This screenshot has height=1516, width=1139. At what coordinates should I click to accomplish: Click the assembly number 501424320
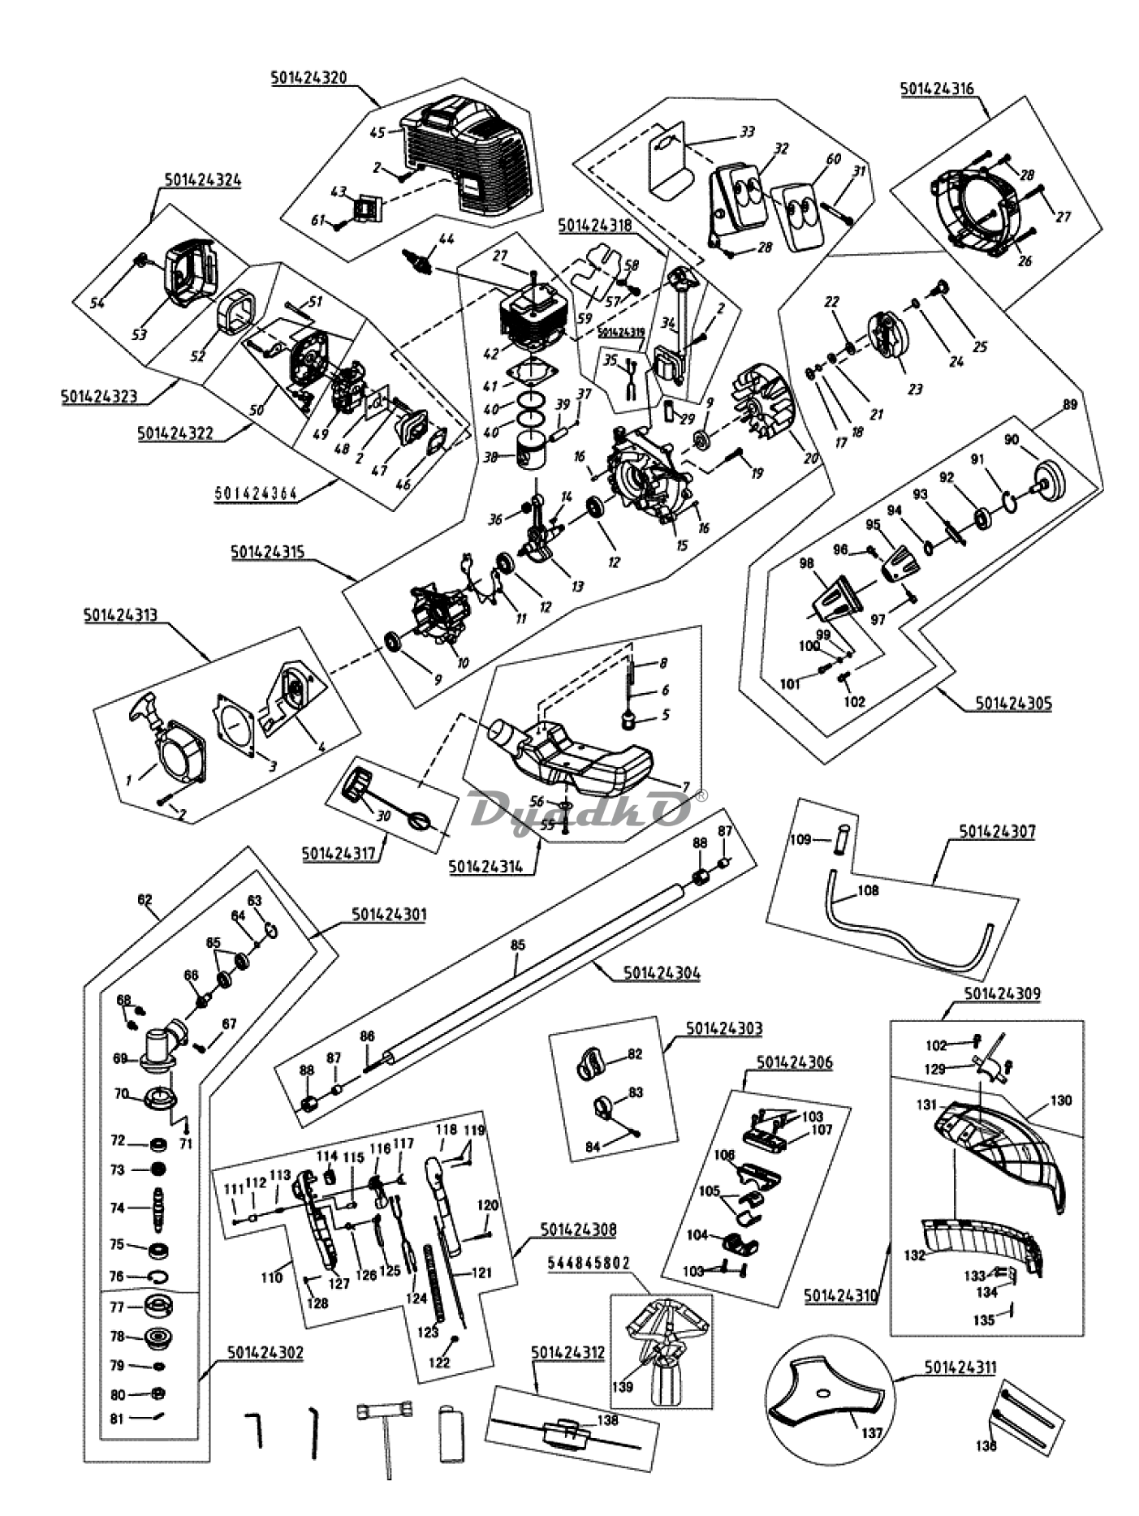[x=308, y=78]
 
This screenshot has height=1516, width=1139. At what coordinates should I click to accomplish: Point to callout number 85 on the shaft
[x=517, y=945]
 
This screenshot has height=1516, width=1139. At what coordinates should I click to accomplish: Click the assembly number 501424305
[x=1012, y=703]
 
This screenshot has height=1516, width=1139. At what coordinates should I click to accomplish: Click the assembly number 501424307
[x=997, y=832]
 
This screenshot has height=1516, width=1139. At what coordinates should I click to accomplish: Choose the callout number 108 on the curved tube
[x=867, y=890]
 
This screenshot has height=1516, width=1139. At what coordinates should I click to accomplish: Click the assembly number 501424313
[x=120, y=615]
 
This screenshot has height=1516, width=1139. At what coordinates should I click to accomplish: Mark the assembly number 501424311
[x=960, y=1368]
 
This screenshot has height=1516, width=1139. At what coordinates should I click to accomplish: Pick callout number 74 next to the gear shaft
[x=118, y=1208]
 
